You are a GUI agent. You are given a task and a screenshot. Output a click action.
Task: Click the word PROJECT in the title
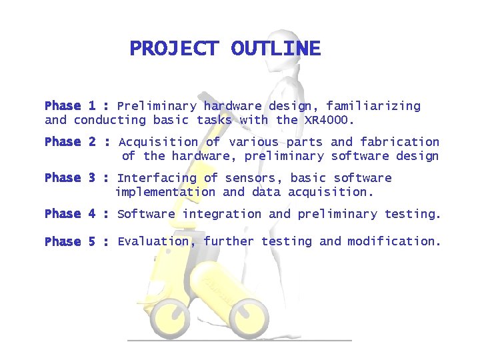[x=173, y=49]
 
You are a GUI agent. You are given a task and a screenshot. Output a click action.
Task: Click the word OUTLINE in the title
[x=275, y=49]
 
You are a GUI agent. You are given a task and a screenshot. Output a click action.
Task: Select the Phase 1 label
[x=70, y=106]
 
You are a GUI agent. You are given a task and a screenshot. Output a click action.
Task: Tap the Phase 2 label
[x=70, y=142]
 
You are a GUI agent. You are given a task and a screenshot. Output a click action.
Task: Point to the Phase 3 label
[x=70, y=178]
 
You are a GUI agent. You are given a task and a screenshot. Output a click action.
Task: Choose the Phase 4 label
[x=70, y=214]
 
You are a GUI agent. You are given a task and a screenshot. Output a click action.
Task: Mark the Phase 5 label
[x=70, y=241]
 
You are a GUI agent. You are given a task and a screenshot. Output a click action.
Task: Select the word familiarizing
[x=374, y=106]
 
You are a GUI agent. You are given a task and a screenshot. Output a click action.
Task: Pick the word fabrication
[x=399, y=142]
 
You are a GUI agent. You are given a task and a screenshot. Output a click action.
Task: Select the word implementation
[x=165, y=192]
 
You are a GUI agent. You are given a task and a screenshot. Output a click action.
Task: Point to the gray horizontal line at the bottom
[x=239, y=340]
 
